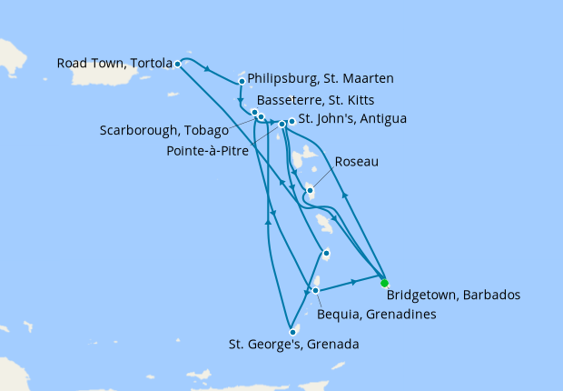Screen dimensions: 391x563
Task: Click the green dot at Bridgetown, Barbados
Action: point(384,283)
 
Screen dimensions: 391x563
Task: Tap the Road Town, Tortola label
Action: point(114,64)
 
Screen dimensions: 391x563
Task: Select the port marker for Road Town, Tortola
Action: point(177,64)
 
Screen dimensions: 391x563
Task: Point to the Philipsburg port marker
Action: point(242,81)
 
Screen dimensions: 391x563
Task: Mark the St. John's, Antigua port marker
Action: point(291,121)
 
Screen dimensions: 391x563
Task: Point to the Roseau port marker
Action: point(310,191)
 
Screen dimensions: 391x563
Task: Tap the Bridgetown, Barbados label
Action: point(453,296)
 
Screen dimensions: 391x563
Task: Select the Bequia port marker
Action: point(315,290)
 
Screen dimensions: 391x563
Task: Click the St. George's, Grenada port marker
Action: point(292,332)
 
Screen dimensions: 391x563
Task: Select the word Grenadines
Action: point(400,315)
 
